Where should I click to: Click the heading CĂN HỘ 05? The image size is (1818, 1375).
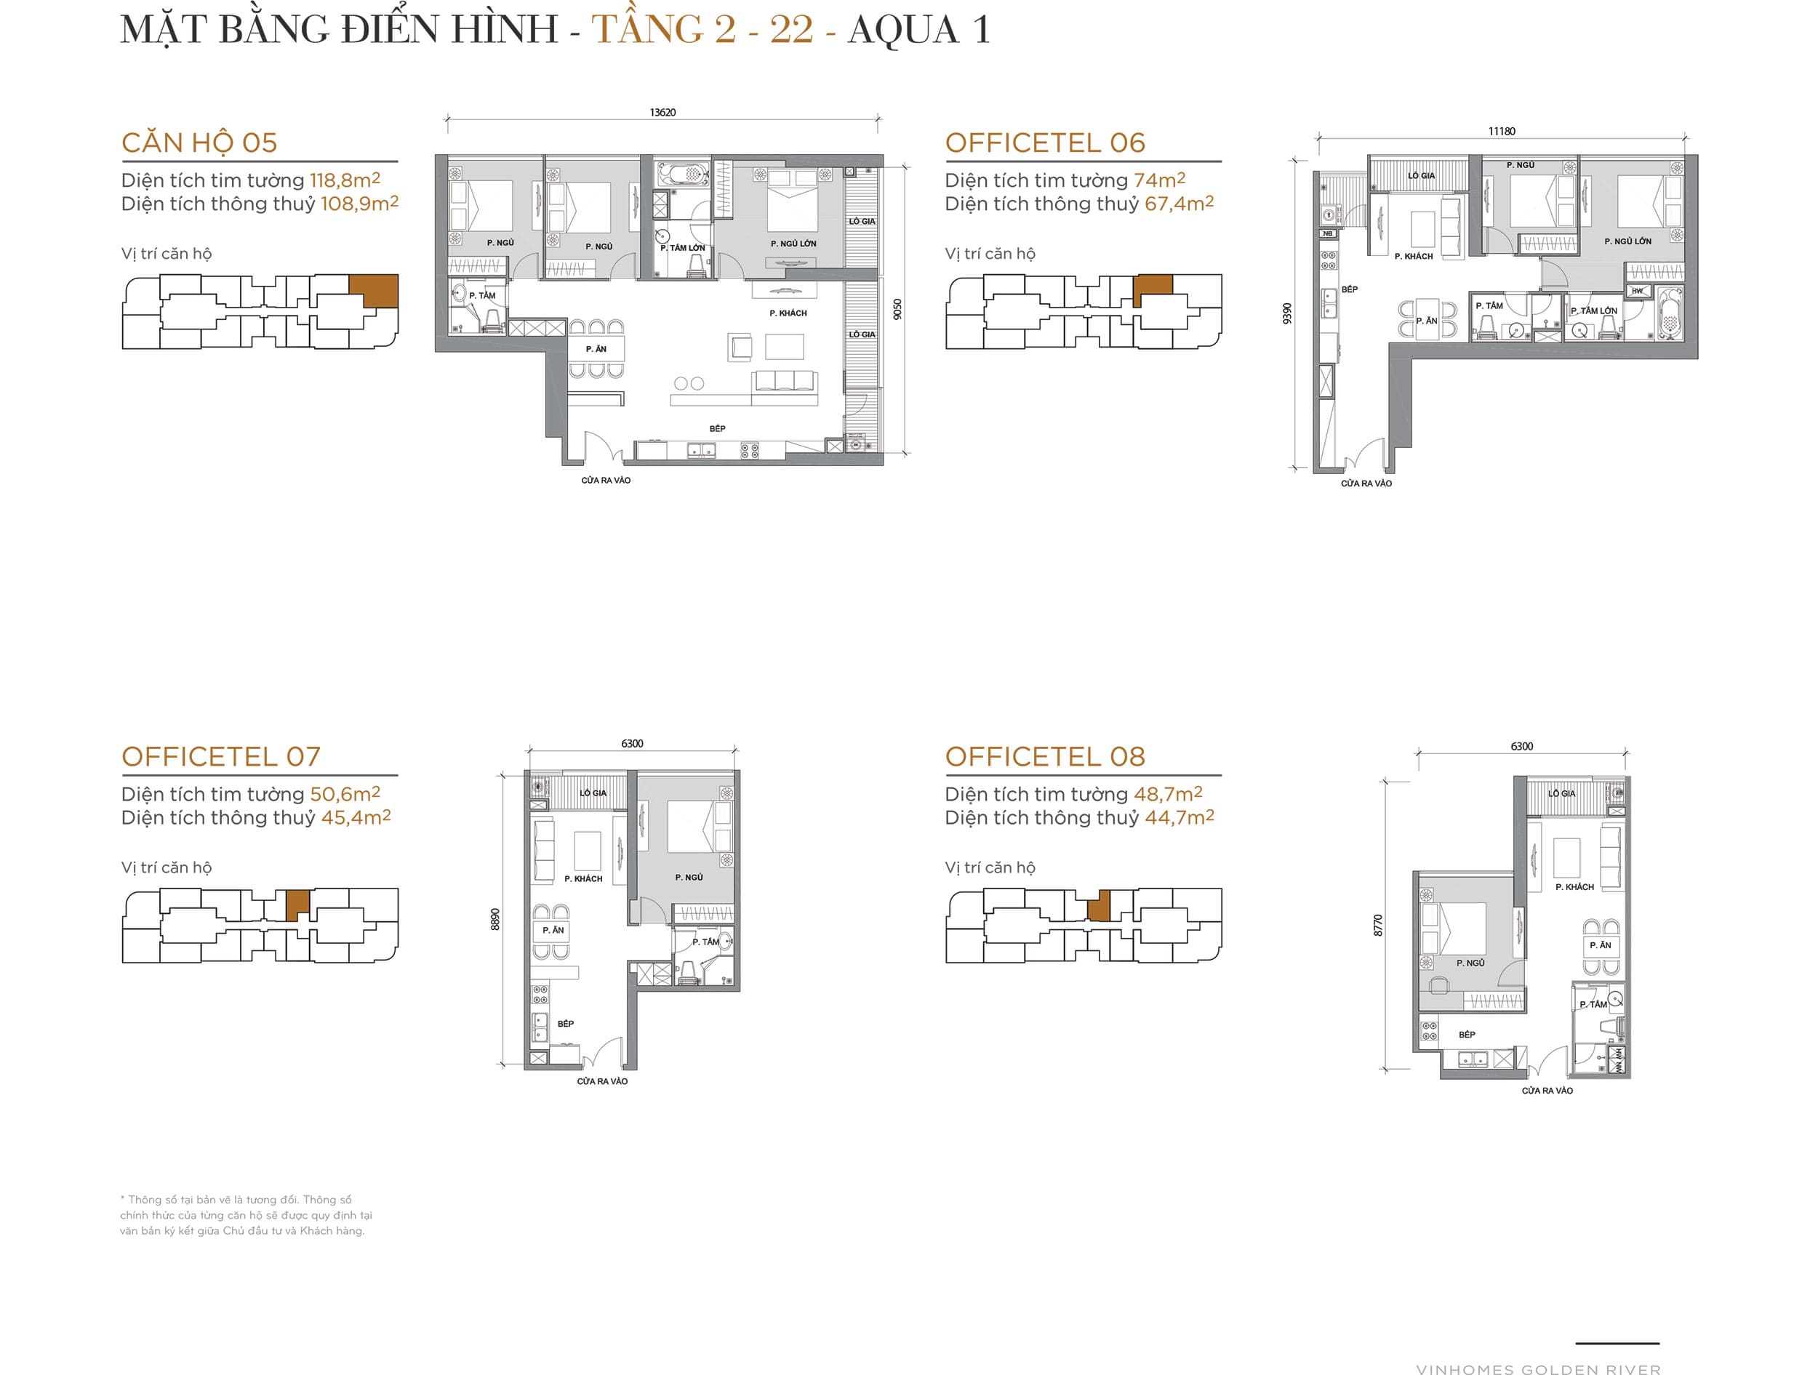point(199,143)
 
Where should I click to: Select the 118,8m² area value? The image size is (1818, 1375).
point(345,180)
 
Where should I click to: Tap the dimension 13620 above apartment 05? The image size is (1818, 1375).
point(662,113)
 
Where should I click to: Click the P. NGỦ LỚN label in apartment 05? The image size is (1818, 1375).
point(793,244)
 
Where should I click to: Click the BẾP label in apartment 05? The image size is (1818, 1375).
point(718,428)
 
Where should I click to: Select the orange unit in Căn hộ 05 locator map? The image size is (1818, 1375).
point(375,290)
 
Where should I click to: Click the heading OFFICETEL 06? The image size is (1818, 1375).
point(1044,143)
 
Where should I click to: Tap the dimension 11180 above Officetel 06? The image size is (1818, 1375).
point(1502,132)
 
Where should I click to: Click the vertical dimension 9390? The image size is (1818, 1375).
point(1287,313)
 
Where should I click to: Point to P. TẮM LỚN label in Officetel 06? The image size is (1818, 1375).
point(1593,310)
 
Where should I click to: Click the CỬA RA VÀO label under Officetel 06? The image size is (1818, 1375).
point(1366,484)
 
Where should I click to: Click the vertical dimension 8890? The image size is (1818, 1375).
point(494,919)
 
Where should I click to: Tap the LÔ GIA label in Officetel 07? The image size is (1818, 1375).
point(593,793)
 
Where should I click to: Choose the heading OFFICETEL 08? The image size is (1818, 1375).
point(1044,756)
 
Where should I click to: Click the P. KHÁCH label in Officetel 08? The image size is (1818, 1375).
point(1574,887)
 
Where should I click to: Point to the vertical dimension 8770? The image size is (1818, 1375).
point(1378,925)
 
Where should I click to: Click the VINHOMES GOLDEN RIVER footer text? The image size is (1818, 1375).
point(1538,1368)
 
